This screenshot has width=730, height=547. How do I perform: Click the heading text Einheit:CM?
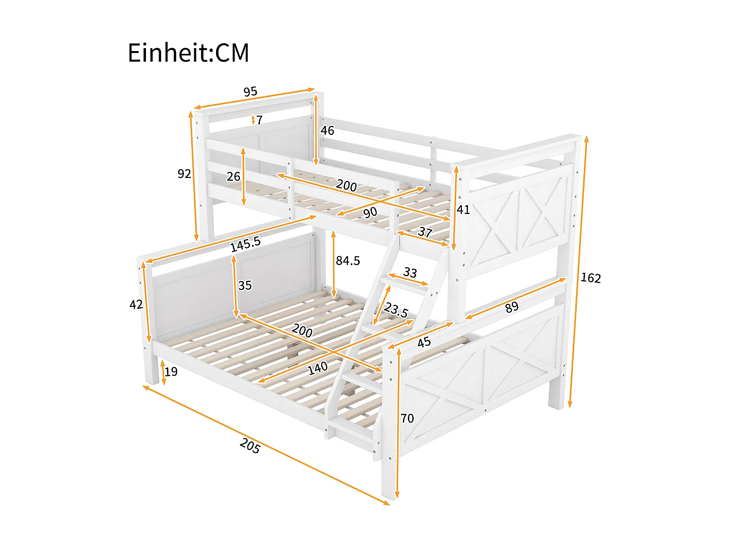click(188, 53)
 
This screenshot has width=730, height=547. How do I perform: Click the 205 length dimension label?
click(250, 446)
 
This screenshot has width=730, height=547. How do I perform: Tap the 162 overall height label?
click(591, 278)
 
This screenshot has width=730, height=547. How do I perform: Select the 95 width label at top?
click(250, 91)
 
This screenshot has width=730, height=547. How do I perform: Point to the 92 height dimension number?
click(184, 174)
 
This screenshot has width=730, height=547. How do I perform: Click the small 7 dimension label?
click(259, 120)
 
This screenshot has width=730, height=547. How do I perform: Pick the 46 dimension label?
click(328, 130)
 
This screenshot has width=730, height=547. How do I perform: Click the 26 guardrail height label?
click(234, 176)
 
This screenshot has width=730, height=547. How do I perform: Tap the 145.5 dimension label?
click(246, 244)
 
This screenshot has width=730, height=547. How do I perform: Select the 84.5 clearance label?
click(348, 261)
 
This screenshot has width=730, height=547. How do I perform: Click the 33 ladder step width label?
click(410, 272)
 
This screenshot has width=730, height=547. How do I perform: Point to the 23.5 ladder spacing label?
click(396, 310)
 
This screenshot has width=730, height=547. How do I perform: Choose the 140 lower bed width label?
click(318, 368)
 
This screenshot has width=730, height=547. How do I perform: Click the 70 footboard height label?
click(407, 418)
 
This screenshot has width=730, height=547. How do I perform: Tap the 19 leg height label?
click(171, 372)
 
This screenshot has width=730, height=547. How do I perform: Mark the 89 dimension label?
click(511, 307)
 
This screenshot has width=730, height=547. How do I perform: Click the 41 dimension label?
click(463, 210)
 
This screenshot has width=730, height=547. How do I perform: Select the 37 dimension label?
click(425, 232)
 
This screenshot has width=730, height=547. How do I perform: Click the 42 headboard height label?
click(136, 305)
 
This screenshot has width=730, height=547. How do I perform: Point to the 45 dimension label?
click(424, 342)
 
